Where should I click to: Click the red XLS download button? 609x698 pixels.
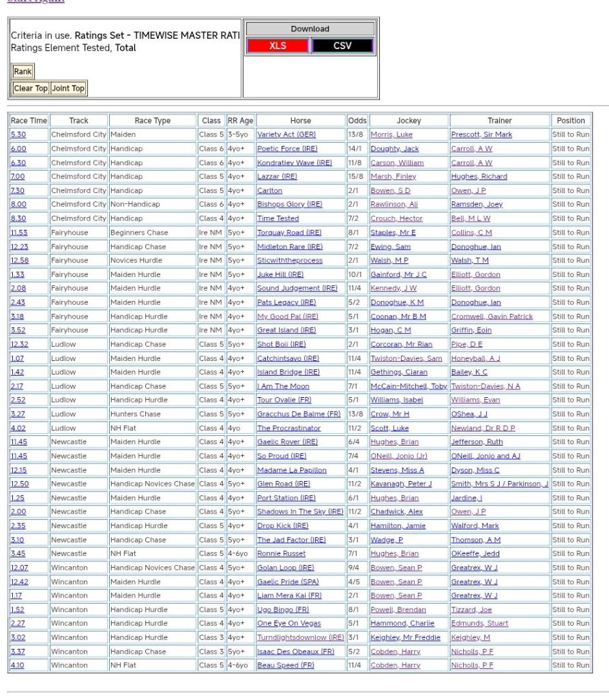(x=278, y=46)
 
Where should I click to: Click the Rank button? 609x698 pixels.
(x=23, y=72)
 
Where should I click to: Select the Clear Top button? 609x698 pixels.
(x=31, y=88)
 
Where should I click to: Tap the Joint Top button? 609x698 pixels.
(x=68, y=88)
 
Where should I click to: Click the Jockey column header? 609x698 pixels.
(x=409, y=121)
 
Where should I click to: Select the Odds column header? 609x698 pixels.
(x=357, y=121)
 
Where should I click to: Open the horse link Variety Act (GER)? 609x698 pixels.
(x=286, y=135)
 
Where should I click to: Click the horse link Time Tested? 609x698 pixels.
(x=278, y=218)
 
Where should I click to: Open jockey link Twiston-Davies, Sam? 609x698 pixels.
(x=406, y=358)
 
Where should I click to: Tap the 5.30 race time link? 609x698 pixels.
(x=18, y=135)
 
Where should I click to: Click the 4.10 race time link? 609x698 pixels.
(x=18, y=665)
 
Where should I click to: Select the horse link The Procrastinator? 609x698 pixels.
(x=288, y=428)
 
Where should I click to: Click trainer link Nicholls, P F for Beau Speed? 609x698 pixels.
(x=472, y=665)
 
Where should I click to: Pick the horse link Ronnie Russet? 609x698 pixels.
(x=281, y=553)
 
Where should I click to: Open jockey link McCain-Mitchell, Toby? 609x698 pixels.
(x=409, y=386)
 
